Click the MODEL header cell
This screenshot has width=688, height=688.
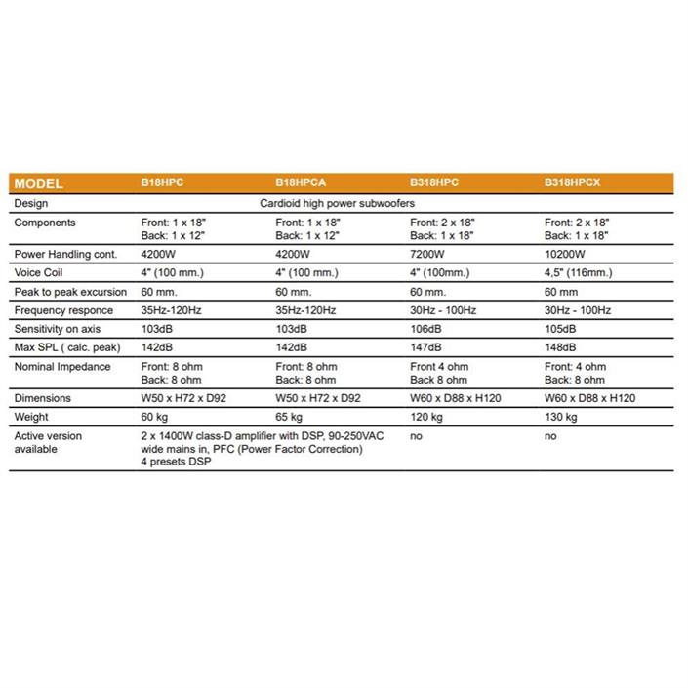[x=39, y=183]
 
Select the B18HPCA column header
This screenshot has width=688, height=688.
[x=301, y=183]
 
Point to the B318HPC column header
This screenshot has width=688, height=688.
[x=434, y=183]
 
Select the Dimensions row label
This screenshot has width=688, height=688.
[x=43, y=398]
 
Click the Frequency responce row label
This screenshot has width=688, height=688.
[x=63, y=310]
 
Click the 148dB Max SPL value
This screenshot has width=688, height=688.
[x=560, y=346]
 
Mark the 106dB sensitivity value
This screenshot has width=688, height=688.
[x=426, y=328]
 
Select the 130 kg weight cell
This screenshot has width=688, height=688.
[x=561, y=417]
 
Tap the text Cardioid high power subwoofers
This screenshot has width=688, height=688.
[x=338, y=204]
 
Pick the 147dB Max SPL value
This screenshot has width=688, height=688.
[x=426, y=346]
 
